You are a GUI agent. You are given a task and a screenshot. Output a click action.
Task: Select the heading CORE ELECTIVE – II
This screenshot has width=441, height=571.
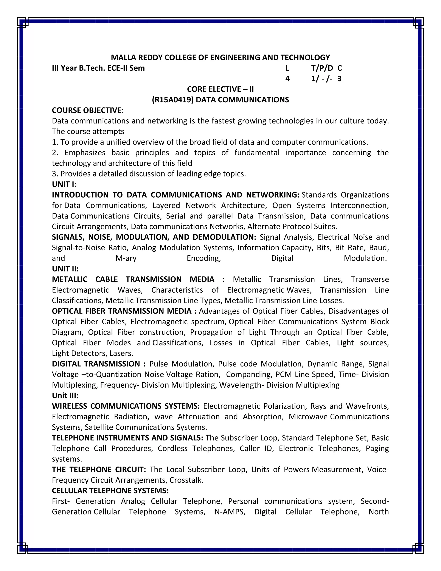pyautogui.click(x=220, y=89)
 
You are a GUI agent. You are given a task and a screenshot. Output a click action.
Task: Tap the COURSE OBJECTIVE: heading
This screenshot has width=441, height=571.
pyautogui.click(x=87, y=110)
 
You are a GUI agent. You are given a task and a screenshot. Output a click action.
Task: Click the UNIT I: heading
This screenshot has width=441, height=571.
pyautogui.click(x=64, y=184)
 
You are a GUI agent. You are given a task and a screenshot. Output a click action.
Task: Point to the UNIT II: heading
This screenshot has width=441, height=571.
pyautogui.click(x=65, y=269)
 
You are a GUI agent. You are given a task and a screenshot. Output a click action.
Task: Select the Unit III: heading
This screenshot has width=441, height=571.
pyautogui.click(x=65, y=396)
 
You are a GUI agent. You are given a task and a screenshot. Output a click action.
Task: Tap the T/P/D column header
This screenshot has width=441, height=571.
pyautogui.click(x=322, y=68)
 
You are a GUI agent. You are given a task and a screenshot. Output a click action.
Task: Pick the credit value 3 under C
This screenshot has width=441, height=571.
pyautogui.click(x=339, y=79)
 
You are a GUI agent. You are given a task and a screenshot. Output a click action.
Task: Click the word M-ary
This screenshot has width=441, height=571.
pyautogui.click(x=126, y=258)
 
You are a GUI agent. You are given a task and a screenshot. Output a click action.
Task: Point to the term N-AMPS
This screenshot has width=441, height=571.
pyautogui.click(x=230, y=512)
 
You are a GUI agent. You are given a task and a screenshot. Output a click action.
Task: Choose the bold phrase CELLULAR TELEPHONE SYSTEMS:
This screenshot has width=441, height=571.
pyautogui.click(x=110, y=490)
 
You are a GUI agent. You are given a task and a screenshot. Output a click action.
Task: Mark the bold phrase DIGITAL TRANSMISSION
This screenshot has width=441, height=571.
pyautogui.click(x=96, y=364)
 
